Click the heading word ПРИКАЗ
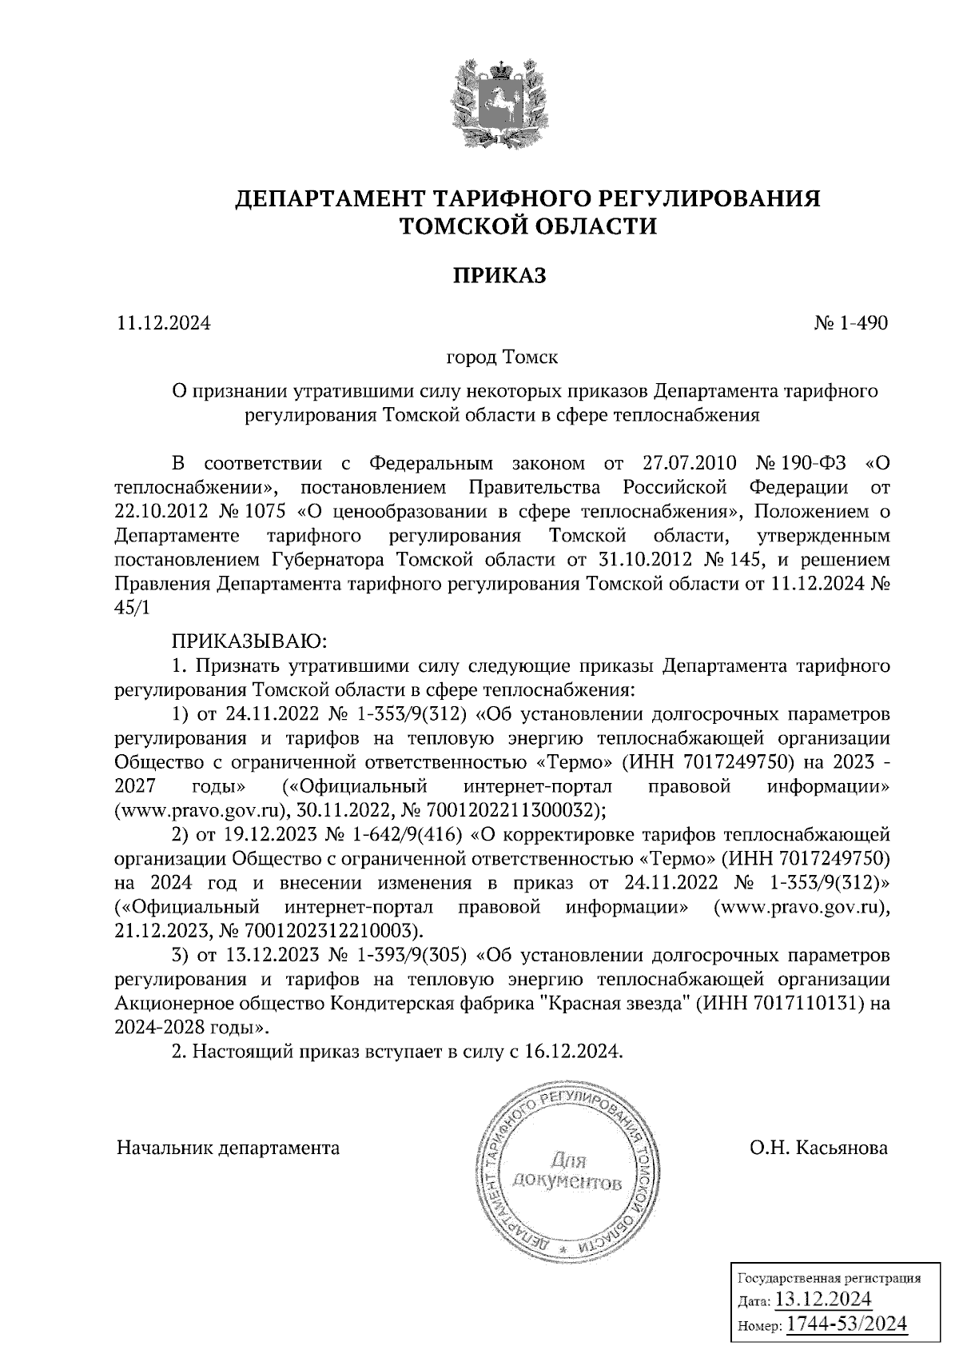(499, 276)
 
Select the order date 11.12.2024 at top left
(164, 323)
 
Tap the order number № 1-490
(850, 323)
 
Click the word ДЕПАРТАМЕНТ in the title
(329, 198)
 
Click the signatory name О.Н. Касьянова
(818, 1148)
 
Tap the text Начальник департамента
(228, 1148)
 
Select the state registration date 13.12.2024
(823, 1298)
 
